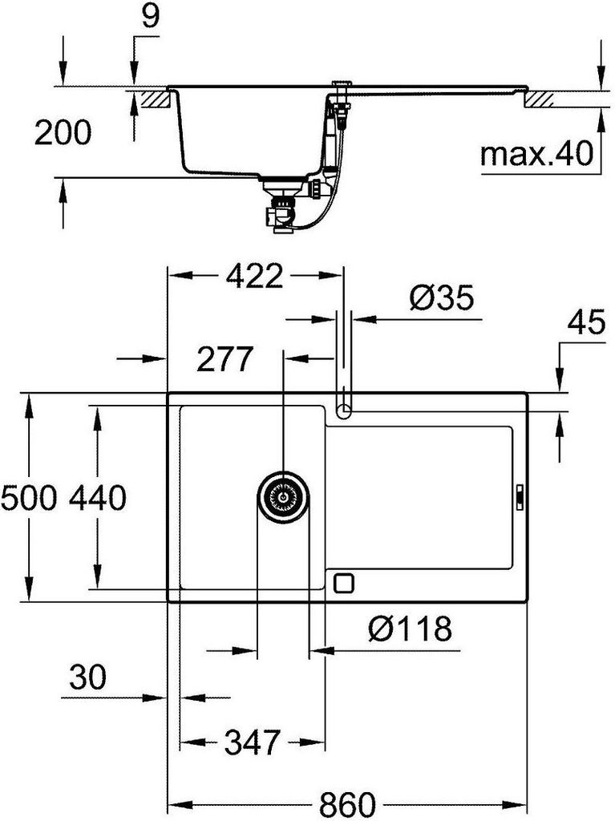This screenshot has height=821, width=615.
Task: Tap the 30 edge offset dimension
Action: [x=86, y=679]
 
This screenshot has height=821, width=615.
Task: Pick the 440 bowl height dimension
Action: [x=97, y=499]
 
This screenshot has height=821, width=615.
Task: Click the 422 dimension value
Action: [x=254, y=277]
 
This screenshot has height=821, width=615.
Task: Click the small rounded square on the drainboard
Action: [x=344, y=582]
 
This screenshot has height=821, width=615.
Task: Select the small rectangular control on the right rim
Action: [x=519, y=497]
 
